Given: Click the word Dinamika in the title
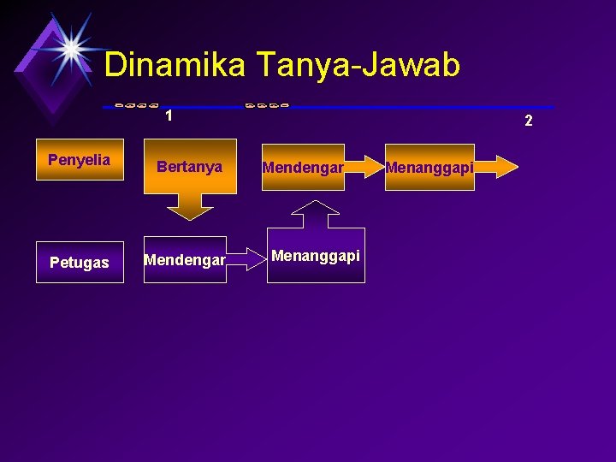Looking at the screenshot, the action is (175, 64).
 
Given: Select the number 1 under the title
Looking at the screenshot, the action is (169, 115).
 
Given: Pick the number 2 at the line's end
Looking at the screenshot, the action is (529, 121).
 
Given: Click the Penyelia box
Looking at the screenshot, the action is (80, 160).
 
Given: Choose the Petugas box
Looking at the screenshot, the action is (80, 262).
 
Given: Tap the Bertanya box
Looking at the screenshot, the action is (190, 166).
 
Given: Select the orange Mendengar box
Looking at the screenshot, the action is (303, 167).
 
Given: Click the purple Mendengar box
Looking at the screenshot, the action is (185, 258).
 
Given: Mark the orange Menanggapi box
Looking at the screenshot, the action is (429, 167).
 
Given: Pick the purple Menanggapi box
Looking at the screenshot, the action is (316, 255).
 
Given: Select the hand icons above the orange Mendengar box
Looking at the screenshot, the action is (266, 104).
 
